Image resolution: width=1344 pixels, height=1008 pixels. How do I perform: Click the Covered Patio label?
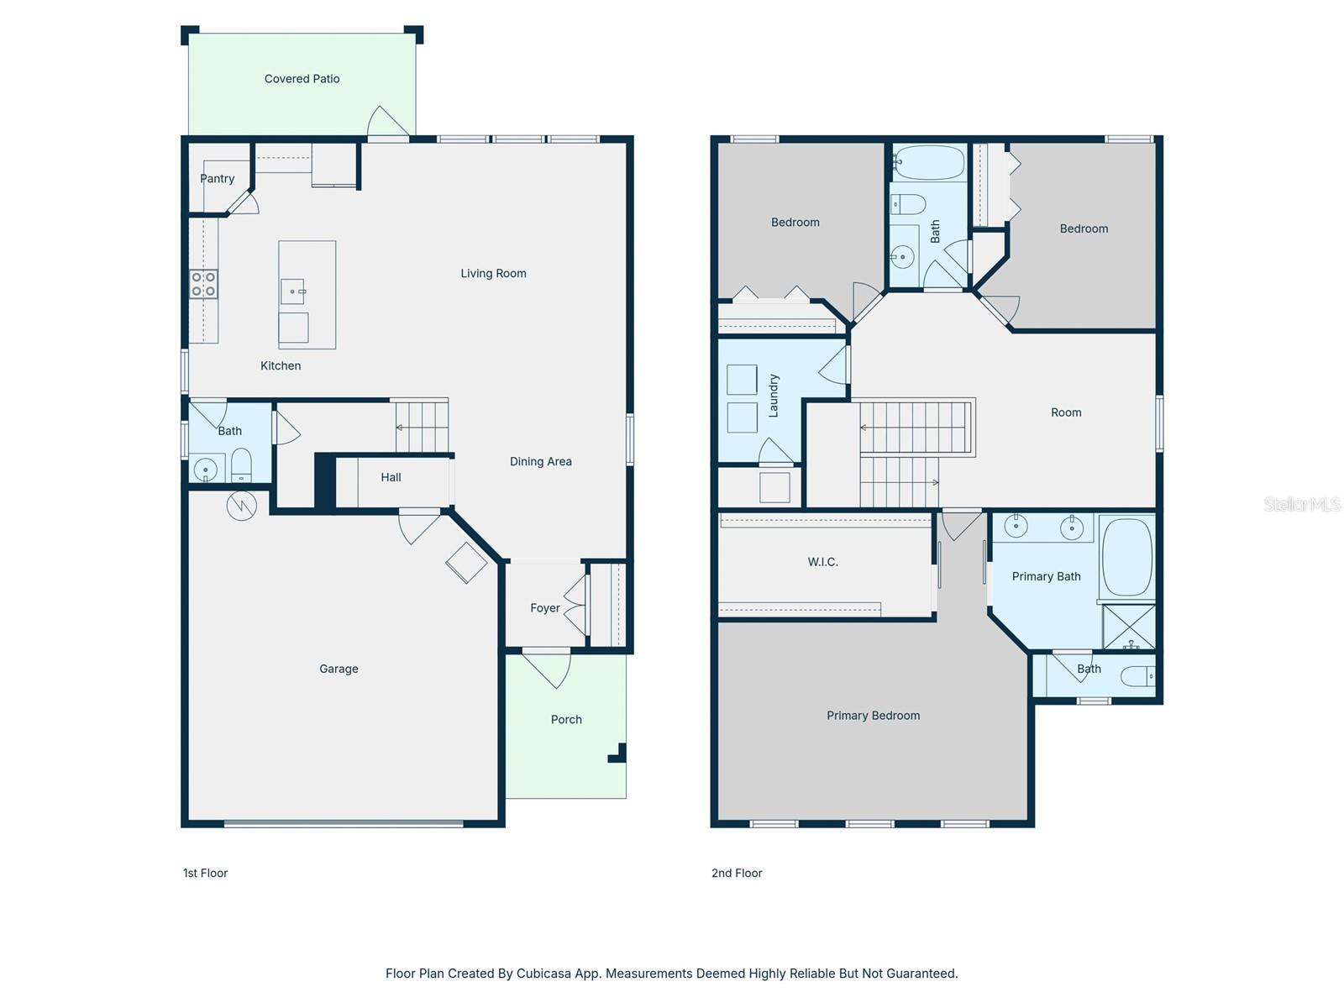(x=302, y=79)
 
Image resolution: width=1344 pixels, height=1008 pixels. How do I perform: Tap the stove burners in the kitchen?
(x=203, y=284)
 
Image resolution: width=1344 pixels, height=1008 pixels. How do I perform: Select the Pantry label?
(x=218, y=179)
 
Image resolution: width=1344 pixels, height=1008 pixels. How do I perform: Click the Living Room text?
(x=494, y=274)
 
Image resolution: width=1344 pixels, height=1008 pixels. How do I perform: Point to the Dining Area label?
(x=541, y=461)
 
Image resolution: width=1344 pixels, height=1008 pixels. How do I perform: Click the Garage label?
(x=339, y=669)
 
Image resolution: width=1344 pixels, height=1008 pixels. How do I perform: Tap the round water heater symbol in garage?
(x=241, y=506)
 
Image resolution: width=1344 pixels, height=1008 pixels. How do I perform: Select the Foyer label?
(x=545, y=607)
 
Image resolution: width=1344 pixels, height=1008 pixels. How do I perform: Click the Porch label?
(x=566, y=720)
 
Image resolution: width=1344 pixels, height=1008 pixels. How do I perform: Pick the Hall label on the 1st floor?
(x=391, y=477)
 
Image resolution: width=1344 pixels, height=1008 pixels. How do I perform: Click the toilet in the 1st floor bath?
(x=241, y=465)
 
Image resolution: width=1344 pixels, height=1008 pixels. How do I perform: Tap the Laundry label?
(x=774, y=396)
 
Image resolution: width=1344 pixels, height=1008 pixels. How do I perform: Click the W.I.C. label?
(x=823, y=562)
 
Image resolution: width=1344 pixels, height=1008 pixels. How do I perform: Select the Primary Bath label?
(x=1046, y=576)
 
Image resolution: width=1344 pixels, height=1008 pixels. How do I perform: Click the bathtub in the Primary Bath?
(x=1126, y=558)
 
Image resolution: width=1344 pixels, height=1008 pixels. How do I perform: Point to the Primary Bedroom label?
(x=873, y=716)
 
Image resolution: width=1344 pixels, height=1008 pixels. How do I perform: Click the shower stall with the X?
(x=1128, y=627)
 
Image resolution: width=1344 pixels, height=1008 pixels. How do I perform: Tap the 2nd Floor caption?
(x=737, y=874)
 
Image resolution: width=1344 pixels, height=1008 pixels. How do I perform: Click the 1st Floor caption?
(x=205, y=874)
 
